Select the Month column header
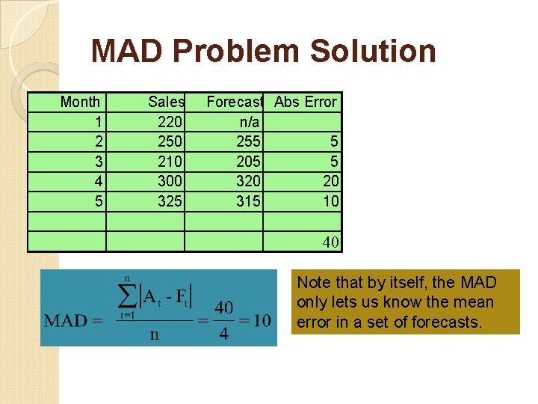[80, 102]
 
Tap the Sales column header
[166, 102]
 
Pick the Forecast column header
[235, 102]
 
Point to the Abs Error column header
[306, 102]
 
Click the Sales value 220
[171, 121]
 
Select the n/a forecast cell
[249, 121]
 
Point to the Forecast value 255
[248, 141]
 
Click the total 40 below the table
[330, 242]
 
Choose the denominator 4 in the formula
[223, 334]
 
